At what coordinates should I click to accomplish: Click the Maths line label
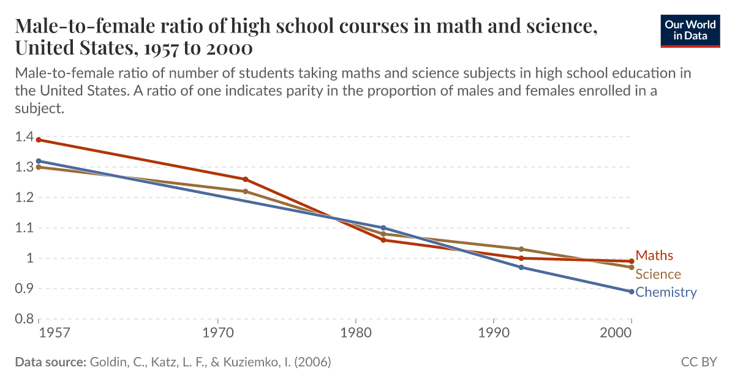click(654, 255)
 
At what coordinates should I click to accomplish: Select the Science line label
click(658, 274)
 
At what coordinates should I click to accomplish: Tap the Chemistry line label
click(666, 292)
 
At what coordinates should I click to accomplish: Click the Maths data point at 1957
click(39, 140)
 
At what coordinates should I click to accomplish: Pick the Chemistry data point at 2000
click(631, 292)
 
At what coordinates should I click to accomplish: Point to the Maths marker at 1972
click(246, 179)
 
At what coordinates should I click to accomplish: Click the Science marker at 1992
click(521, 249)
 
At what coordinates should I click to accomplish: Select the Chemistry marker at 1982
click(383, 228)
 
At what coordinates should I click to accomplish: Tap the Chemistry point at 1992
click(521, 268)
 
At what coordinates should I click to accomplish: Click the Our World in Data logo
click(690, 31)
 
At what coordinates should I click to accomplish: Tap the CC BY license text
click(698, 362)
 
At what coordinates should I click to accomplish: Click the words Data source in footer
click(50, 362)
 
